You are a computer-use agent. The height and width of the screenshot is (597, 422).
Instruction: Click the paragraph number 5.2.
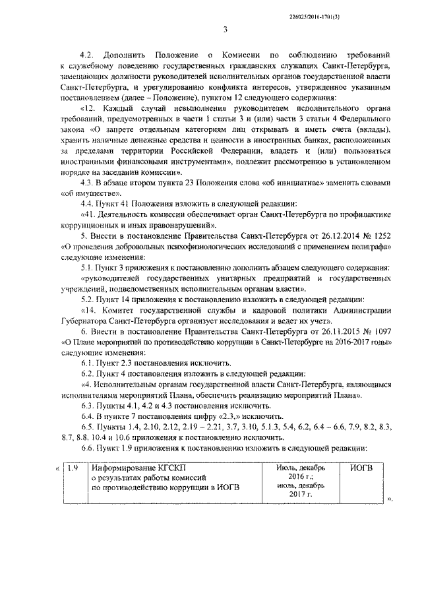[88, 298]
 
